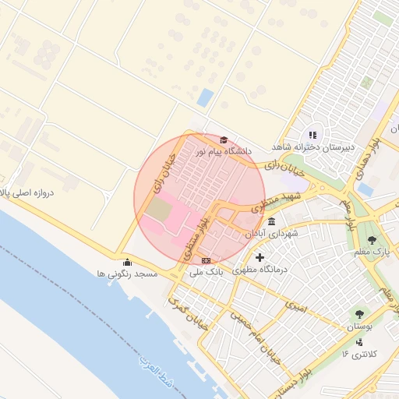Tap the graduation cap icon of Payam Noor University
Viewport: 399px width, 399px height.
pyautogui.click(x=224, y=140)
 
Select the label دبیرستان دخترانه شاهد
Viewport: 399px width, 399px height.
pyautogui.click(x=313, y=147)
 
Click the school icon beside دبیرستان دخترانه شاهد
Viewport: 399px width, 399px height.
pyautogui.click(x=313, y=136)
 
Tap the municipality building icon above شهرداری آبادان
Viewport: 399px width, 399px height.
pyautogui.click(x=270, y=223)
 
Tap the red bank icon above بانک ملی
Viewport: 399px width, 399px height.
pyautogui.click(x=206, y=261)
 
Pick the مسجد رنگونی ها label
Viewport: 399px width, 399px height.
pyautogui.click(x=127, y=274)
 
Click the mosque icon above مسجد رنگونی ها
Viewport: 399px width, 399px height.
pyautogui.click(x=128, y=263)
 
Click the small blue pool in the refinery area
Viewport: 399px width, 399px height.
pyautogui.click(x=205, y=97)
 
